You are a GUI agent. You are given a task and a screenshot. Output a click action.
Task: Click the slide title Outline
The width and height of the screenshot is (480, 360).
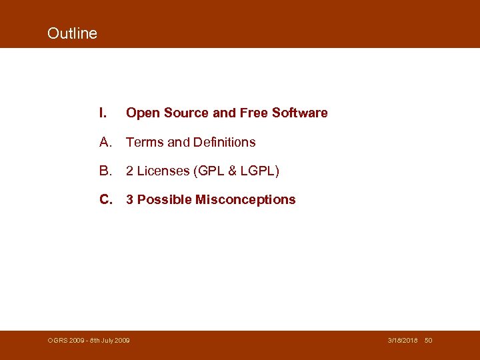72,33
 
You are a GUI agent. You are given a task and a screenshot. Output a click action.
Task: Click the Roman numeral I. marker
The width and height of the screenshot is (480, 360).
103,113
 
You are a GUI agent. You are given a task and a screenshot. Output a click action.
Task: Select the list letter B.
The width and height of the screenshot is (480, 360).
105,171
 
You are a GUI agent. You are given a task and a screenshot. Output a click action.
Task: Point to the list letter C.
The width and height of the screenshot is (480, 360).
105,199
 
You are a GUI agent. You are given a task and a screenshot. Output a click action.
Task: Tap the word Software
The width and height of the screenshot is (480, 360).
300,113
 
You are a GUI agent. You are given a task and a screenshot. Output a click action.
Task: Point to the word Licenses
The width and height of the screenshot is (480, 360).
163,171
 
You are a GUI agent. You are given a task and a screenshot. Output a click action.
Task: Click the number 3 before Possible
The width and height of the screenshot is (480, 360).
130,199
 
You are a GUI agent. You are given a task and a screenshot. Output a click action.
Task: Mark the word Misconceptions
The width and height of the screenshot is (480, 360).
245,199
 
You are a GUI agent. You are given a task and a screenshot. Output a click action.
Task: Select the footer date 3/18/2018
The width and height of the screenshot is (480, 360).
403,341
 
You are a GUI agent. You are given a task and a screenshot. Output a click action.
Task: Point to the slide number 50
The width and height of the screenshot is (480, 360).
429,341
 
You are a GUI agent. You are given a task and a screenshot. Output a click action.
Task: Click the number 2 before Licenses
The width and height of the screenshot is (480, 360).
130,171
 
